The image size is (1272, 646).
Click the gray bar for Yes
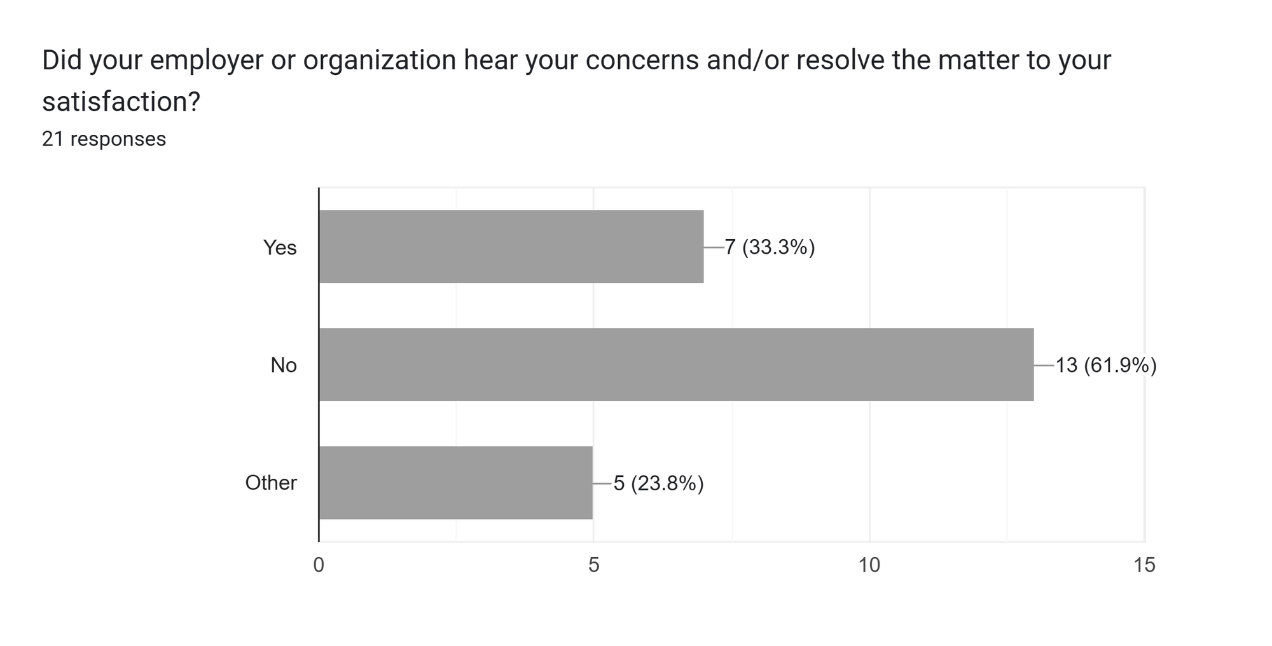511,247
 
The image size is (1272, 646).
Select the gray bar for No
676,365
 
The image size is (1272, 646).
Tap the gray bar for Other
456,483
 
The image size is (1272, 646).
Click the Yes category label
280,247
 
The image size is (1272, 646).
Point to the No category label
284,366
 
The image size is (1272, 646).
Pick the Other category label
271,483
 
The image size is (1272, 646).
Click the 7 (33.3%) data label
770,247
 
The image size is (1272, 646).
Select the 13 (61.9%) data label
1105,366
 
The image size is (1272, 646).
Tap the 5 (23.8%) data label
658,484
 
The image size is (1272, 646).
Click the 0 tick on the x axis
319,565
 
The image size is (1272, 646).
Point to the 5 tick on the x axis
593,565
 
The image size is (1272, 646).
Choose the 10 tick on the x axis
869,565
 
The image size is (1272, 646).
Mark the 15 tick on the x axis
1144,565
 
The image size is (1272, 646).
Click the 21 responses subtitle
104,139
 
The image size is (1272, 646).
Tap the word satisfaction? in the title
121,102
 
